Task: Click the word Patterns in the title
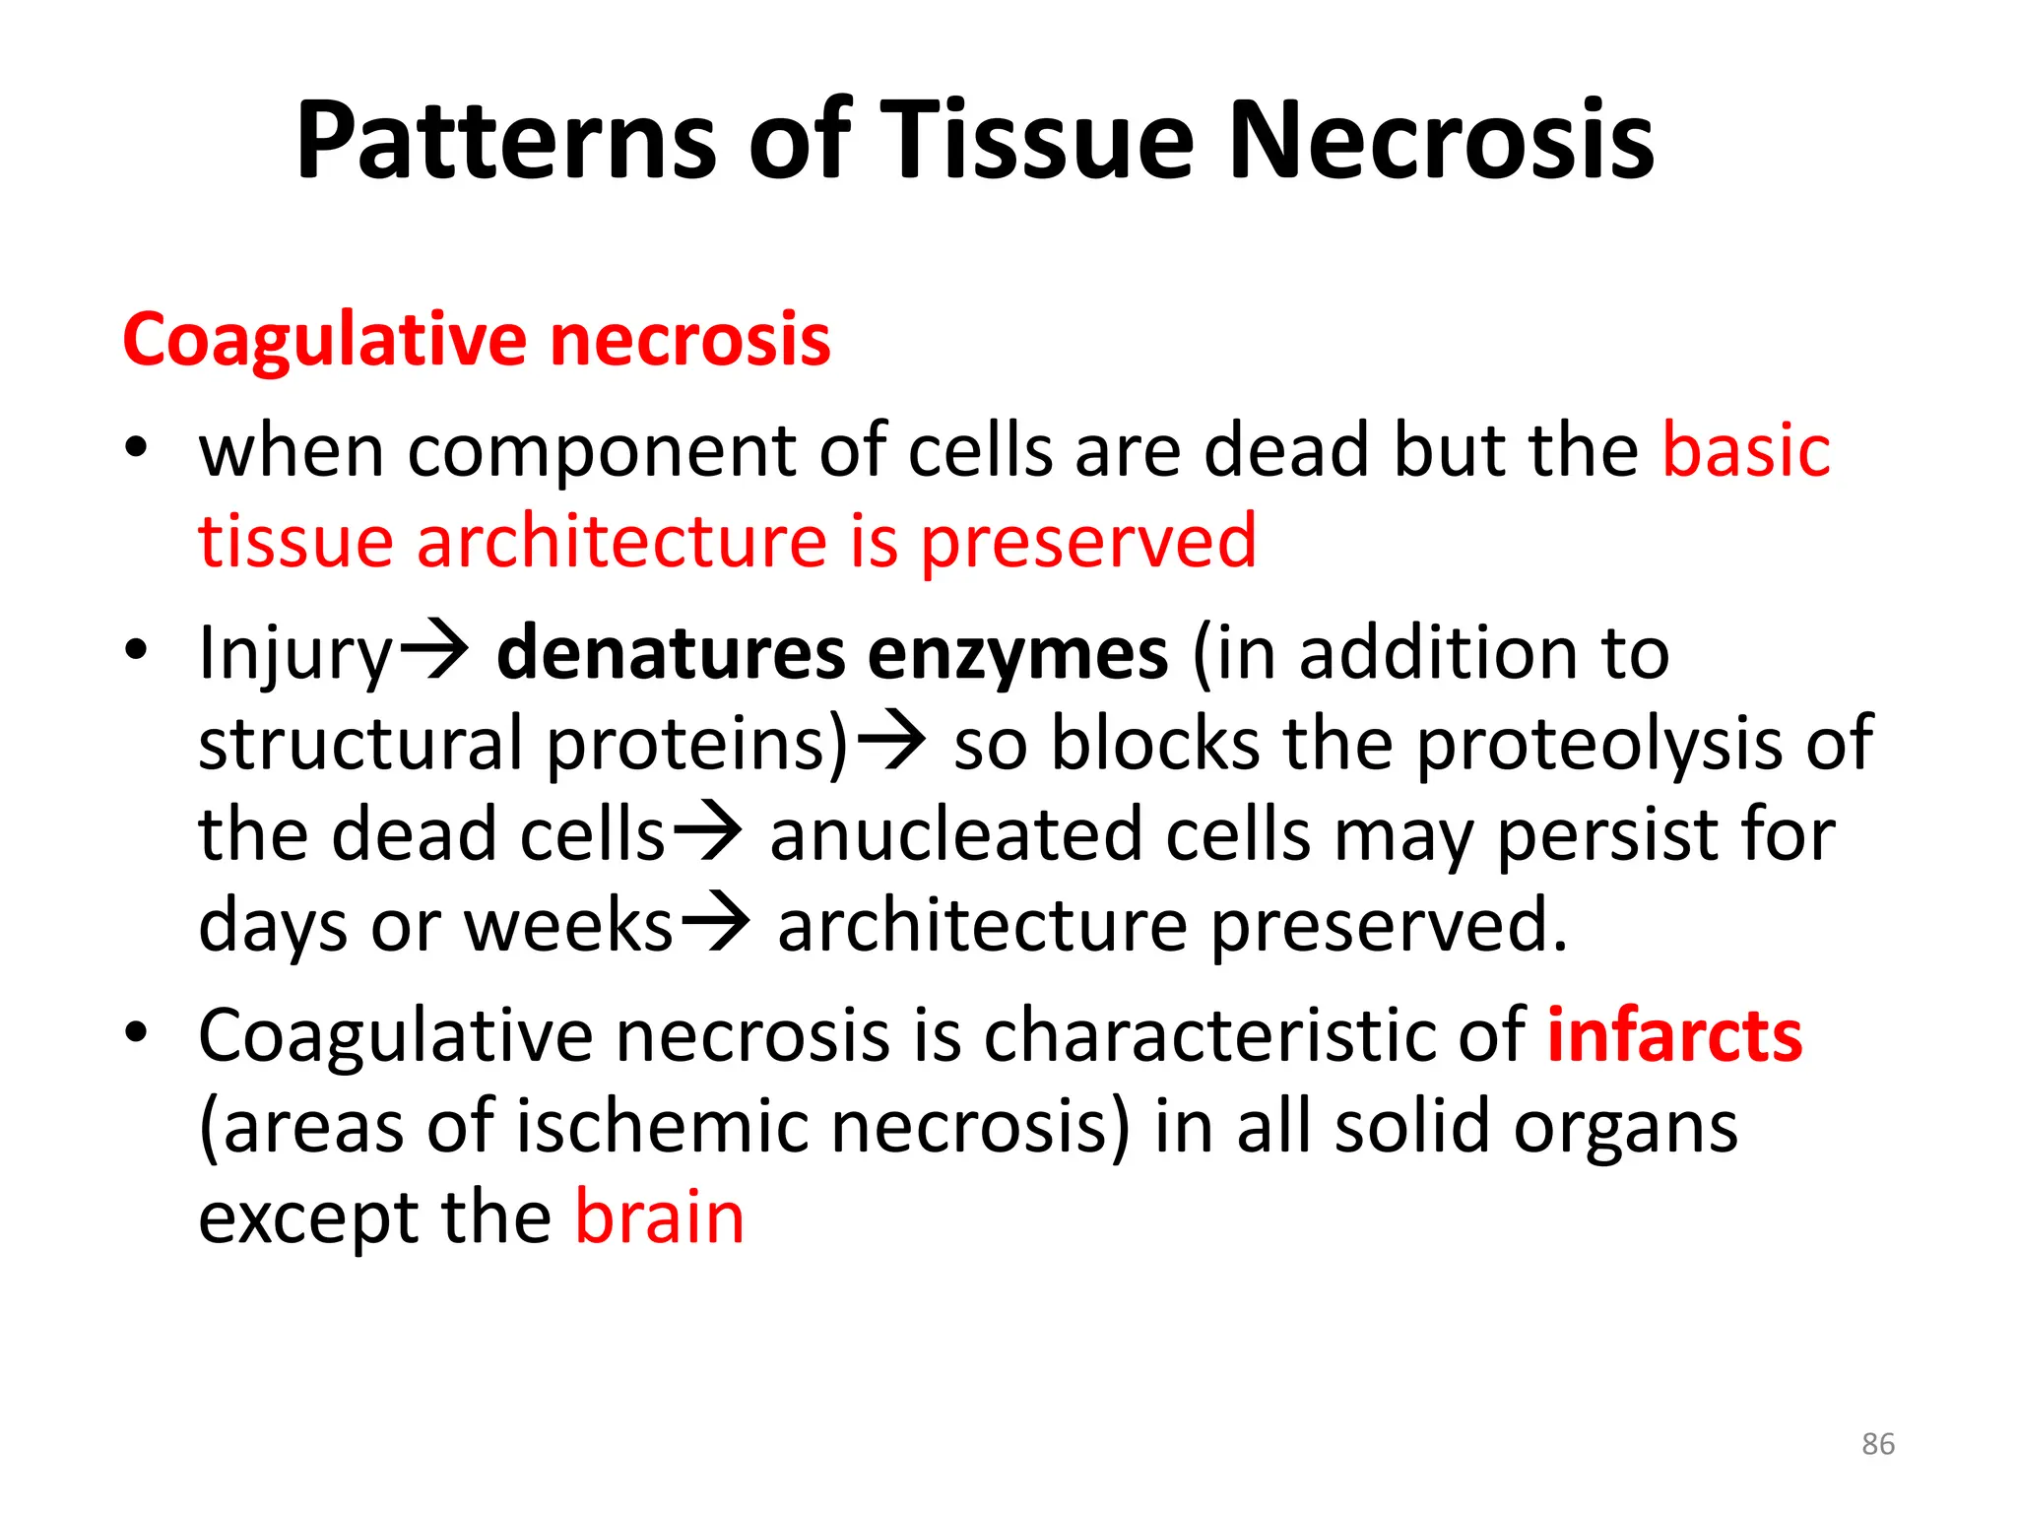[x=506, y=141]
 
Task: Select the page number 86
[x=1877, y=1444]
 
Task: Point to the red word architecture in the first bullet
[x=622, y=542]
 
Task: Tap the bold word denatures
[x=671, y=654]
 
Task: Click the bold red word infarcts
[x=1674, y=1036]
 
